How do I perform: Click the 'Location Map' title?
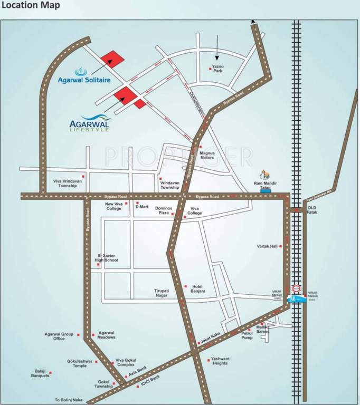pos(31,6)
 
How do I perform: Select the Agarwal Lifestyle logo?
pos(90,123)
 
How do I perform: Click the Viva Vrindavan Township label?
pos(65,183)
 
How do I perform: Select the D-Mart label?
pos(142,207)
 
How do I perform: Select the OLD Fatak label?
pos(312,210)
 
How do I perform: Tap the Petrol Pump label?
pos(247,335)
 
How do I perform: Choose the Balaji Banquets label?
pos(39,373)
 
